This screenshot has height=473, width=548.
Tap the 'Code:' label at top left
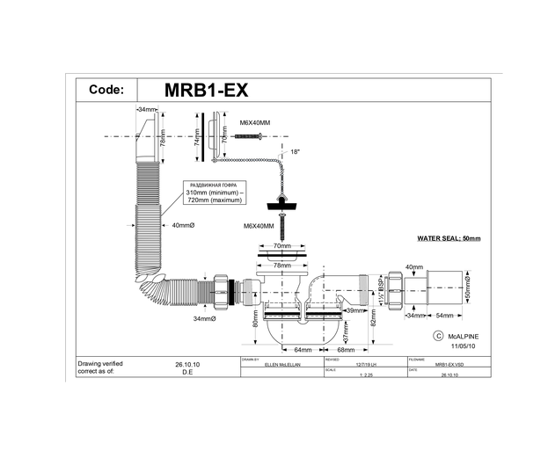(x=106, y=90)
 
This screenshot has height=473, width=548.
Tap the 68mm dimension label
(x=332, y=350)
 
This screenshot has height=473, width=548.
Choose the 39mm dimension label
(x=354, y=310)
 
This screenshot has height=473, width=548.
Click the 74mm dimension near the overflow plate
(x=198, y=138)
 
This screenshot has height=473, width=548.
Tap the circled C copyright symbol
(x=437, y=336)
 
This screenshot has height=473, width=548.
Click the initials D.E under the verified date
(x=187, y=372)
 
